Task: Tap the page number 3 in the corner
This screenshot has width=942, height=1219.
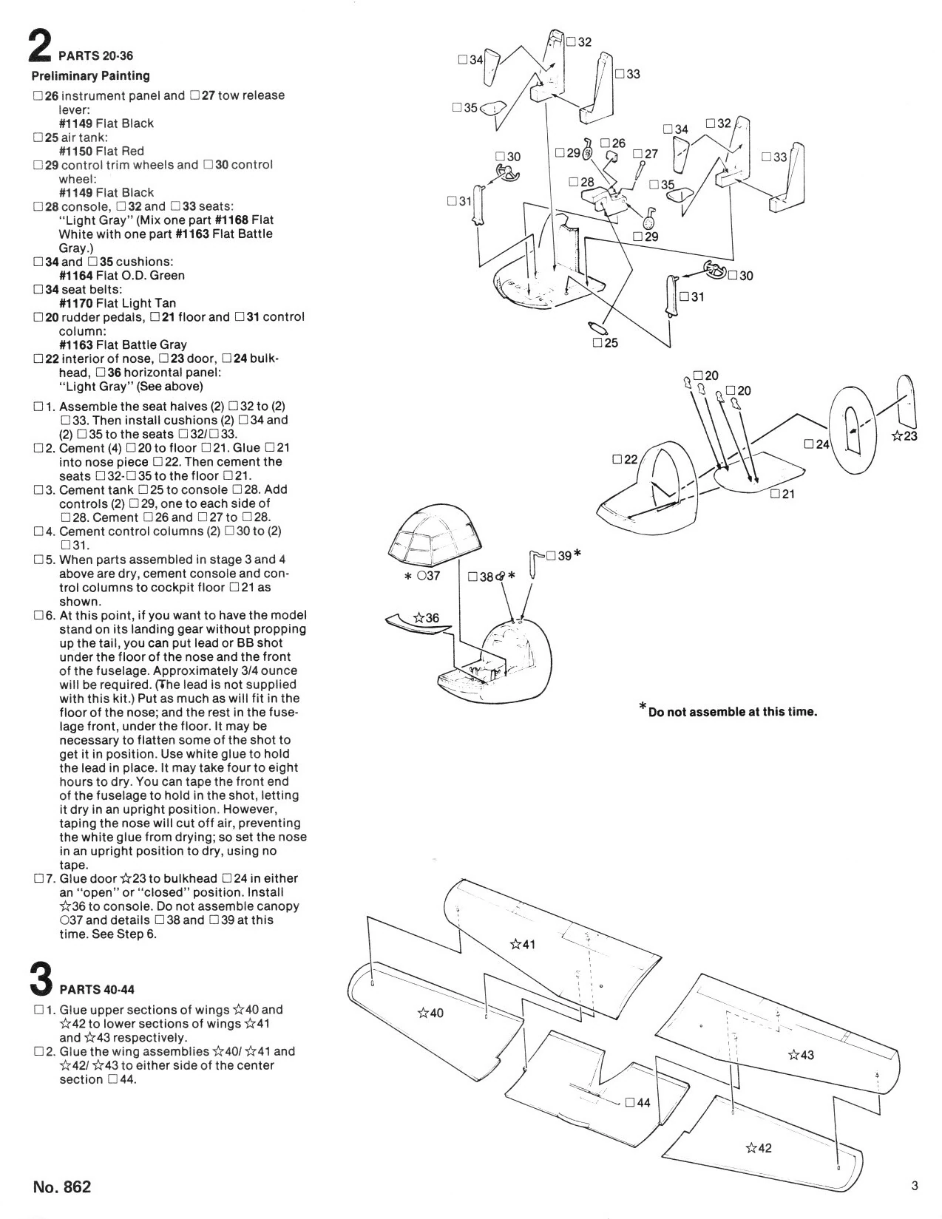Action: (x=915, y=1186)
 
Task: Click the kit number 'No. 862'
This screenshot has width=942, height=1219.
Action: (x=61, y=1187)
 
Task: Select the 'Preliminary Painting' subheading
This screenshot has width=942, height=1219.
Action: (x=90, y=75)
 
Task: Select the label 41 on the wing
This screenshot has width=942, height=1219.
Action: (x=522, y=944)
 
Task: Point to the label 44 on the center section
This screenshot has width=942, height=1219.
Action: (x=638, y=1102)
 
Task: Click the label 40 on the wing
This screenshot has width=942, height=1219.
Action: (x=430, y=1013)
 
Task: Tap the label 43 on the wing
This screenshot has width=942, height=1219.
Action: (x=801, y=1055)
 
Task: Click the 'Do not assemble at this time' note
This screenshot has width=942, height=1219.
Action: (x=728, y=710)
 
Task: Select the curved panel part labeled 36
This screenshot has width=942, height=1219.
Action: (x=418, y=622)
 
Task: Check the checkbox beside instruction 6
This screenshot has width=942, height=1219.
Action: (x=38, y=615)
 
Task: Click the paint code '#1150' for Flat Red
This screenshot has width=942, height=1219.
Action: (x=75, y=151)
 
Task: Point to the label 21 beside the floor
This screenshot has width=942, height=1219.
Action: (x=783, y=494)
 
